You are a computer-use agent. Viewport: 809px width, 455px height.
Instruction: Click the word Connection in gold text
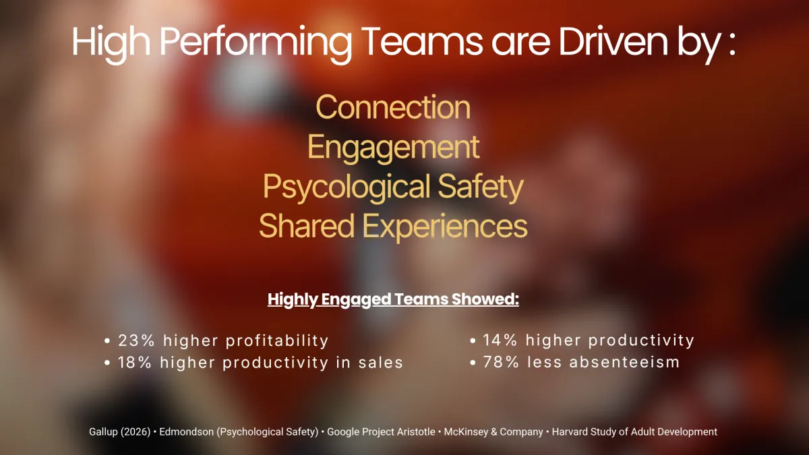tap(393, 107)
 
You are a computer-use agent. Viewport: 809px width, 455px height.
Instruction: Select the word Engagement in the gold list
tap(393, 148)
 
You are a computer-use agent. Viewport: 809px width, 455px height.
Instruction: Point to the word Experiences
tap(445, 226)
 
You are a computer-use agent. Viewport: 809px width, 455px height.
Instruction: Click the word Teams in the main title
tap(423, 42)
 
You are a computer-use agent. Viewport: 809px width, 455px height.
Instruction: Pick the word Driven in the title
tap(613, 42)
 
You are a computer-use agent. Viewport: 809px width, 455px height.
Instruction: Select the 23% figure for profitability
tap(136, 340)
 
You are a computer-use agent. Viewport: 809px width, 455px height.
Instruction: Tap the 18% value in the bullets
tap(135, 363)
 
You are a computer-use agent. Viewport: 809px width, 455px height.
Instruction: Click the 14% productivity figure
tap(500, 340)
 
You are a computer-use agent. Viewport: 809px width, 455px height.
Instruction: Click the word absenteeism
tap(624, 362)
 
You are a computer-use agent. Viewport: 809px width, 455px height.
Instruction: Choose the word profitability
tap(277, 341)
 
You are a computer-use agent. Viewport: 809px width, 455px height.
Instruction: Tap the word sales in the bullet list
tap(381, 363)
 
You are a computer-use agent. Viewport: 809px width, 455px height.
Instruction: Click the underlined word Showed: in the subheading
tap(485, 299)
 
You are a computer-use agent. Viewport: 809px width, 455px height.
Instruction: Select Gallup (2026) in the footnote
tap(119, 432)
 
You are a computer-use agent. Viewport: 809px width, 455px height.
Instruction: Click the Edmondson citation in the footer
tap(239, 432)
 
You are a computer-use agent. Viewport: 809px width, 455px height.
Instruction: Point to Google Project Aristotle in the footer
tap(381, 432)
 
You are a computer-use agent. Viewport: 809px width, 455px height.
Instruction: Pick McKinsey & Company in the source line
tap(493, 432)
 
